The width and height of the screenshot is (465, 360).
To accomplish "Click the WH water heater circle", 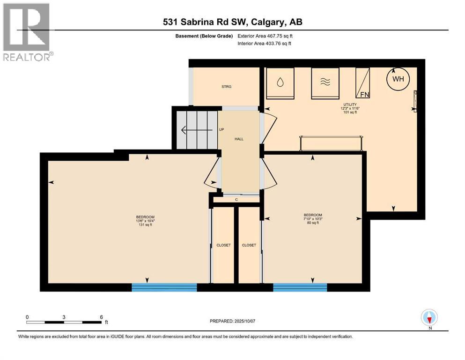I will point(398,79).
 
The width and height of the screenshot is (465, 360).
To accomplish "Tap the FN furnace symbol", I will point(363,83).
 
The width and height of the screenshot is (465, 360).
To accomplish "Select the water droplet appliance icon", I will point(280,82).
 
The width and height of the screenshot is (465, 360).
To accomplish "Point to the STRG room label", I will point(227,86).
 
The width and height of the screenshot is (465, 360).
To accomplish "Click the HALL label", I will point(239,139).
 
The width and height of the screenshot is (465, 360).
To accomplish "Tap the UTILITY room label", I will point(349,105).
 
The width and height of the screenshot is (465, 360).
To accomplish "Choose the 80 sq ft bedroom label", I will point(312,219).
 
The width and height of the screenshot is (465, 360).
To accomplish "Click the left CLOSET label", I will point(223,245).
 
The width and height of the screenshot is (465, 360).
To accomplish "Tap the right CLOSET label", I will point(249,245).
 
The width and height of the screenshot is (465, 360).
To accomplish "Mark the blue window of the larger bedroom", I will point(164,287).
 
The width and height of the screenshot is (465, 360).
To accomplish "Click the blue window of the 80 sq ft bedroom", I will point(300,287).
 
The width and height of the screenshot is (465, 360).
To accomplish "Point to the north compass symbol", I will point(429,318).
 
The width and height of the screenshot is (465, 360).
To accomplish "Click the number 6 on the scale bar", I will point(101,317).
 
